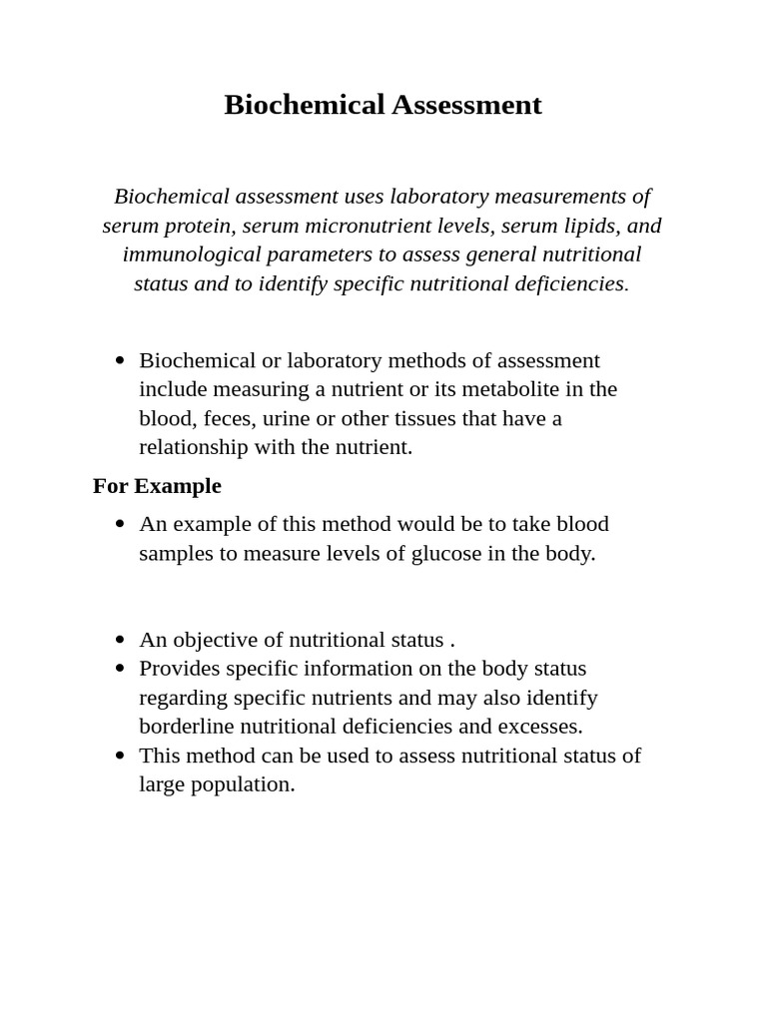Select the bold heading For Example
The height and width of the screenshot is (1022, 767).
point(157,486)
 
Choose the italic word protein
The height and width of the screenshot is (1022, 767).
point(198,226)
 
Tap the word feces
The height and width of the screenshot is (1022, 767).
point(227,418)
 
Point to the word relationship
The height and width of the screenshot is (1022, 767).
point(194,447)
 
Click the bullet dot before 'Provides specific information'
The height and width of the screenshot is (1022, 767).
point(120,669)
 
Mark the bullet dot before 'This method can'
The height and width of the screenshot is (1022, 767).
point(120,756)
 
